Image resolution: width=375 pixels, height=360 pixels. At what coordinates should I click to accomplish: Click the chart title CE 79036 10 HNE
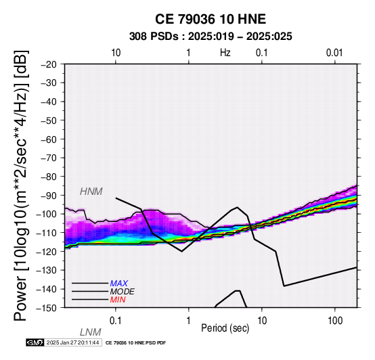pos(211,19)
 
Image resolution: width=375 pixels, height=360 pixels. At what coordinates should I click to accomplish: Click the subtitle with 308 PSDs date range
pos(211,37)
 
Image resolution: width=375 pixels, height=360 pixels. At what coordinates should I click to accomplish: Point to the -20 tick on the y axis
pos(49,64)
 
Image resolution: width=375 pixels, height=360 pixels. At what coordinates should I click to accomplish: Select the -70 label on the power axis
pos(49,158)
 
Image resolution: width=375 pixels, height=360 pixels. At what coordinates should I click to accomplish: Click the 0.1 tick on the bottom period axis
pos(116,321)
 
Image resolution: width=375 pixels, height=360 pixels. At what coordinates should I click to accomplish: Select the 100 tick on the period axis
pos(335,321)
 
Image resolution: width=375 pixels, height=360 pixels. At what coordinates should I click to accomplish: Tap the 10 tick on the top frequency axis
pos(116,53)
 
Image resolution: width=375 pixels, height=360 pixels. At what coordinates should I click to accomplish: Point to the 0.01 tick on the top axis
pos(334,53)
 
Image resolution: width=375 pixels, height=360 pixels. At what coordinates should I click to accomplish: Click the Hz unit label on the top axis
pos(225,53)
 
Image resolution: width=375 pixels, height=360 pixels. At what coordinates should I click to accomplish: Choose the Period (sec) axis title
pos(225,328)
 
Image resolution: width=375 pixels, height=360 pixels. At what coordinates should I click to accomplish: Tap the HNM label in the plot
pos(91,192)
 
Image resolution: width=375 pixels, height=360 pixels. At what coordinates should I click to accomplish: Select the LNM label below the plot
pos(91,332)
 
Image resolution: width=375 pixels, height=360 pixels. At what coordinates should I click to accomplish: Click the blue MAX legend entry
pos(119,284)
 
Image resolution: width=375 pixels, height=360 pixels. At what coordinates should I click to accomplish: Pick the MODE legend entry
pos(123,292)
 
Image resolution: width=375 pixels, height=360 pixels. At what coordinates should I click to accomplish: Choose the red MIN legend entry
pos(118,300)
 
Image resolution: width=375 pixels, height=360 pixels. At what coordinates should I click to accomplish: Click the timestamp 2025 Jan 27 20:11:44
pos(72,342)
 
